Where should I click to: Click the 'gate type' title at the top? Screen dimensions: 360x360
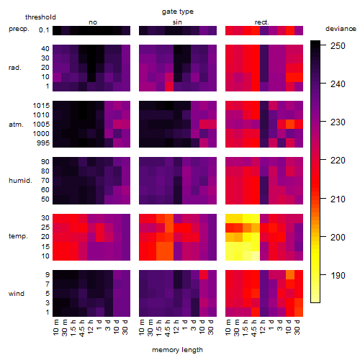[x=178, y=12]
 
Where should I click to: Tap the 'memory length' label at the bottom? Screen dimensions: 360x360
[x=177, y=350]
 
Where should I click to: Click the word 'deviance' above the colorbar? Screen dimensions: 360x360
[x=341, y=29]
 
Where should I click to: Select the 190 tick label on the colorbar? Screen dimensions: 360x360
[x=338, y=275]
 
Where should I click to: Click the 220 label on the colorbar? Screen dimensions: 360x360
[x=338, y=161]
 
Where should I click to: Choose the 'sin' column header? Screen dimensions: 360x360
[x=177, y=22]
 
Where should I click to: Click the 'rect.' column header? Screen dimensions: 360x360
[x=262, y=22]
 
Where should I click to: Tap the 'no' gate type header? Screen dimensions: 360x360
[x=93, y=22]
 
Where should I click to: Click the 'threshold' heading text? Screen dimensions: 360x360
[x=40, y=17]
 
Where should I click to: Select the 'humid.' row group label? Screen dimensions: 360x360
[x=20, y=181]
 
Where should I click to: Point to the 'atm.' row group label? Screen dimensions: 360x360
[x=16, y=125]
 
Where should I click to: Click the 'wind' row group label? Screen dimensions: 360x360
[x=17, y=294]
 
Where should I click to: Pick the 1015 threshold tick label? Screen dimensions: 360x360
[x=41, y=106]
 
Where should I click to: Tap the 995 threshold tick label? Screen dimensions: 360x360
[x=43, y=143]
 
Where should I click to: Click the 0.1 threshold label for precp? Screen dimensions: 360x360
[x=44, y=30]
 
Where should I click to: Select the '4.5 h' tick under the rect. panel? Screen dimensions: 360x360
[x=254, y=328]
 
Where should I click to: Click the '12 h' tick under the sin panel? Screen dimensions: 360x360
[x=176, y=327]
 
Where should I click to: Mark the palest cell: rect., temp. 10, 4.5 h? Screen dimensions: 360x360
[x=256, y=256]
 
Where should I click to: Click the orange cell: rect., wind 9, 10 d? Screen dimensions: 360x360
[x=290, y=274]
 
